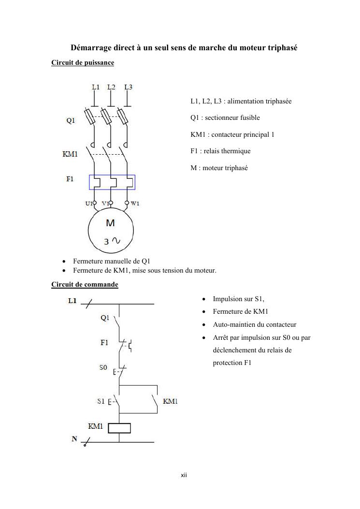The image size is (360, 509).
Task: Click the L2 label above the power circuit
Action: tap(111, 87)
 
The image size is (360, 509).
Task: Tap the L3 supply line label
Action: tap(128, 87)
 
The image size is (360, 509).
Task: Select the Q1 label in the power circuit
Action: tap(71, 121)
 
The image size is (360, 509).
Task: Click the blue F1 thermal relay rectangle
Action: tap(112, 182)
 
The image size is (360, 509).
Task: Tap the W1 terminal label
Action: tap(135, 204)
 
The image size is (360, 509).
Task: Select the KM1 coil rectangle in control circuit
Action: tap(119, 428)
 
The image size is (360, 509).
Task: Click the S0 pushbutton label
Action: tap(103, 368)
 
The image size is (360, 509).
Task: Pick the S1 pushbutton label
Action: tap(101, 401)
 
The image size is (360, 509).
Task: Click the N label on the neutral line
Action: tap(74, 439)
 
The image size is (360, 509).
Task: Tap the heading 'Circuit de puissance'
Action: tap(83, 63)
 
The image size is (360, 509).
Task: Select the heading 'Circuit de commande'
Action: tap(85, 285)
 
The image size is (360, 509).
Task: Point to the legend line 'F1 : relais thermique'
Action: tap(220, 151)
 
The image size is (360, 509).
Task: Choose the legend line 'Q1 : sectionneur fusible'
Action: tap(225, 118)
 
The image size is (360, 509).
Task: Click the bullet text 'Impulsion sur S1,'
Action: tap(238, 299)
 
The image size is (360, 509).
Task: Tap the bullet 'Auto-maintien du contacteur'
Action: tap(255, 325)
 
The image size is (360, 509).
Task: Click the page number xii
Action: tap(184, 476)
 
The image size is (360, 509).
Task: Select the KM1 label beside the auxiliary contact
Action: tap(170, 402)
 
